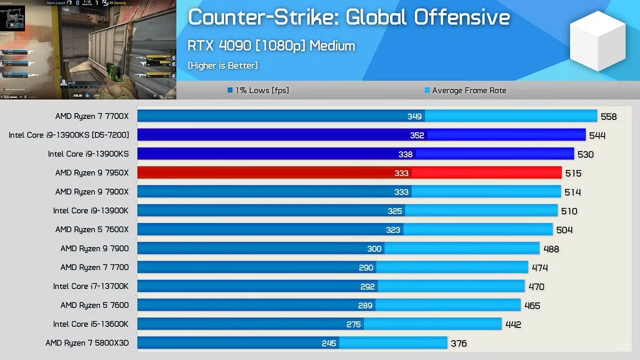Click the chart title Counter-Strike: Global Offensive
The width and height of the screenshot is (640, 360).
[349, 18]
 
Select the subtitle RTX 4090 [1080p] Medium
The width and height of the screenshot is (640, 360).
[271, 45]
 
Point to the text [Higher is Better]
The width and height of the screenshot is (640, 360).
[222, 66]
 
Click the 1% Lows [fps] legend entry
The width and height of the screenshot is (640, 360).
[258, 90]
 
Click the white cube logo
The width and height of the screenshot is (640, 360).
[597, 41]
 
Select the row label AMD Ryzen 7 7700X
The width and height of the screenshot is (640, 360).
[92, 116]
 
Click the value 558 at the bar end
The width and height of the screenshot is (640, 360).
[609, 117]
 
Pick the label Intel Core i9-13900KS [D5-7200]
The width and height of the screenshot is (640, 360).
[69, 135]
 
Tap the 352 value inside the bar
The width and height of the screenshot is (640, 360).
[417, 135]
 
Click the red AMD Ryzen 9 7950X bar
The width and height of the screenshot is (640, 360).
[349, 173]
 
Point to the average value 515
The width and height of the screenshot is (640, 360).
[573, 173]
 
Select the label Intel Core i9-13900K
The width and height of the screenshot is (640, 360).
[91, 211]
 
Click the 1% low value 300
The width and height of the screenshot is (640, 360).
[374, 249]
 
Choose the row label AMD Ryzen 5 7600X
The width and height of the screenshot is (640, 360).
[92, 229]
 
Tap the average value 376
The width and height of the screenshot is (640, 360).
[459, 343]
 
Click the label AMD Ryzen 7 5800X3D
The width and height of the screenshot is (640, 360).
[87, 343]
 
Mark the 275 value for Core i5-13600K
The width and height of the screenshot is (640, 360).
[354, 324]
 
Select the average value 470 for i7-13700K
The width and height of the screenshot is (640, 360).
[536, 287]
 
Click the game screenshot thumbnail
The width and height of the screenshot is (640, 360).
[88, 50]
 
